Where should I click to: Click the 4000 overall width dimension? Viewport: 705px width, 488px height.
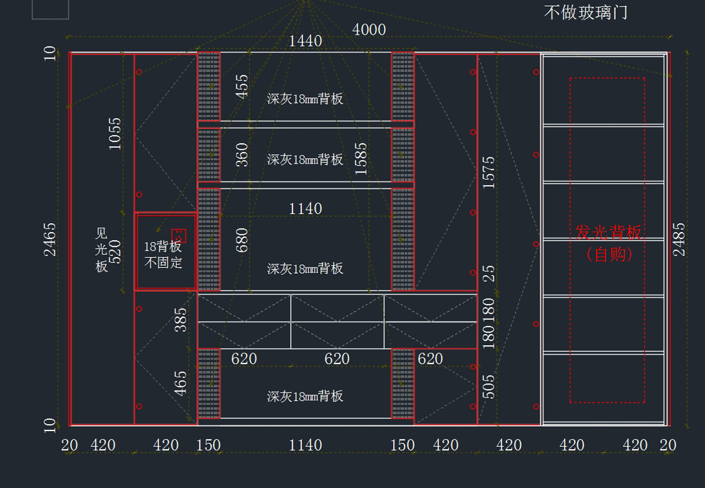369,29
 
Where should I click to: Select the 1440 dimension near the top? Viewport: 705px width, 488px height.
305,41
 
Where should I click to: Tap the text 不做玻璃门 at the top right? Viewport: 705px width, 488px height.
585,12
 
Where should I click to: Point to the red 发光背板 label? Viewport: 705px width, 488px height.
609,233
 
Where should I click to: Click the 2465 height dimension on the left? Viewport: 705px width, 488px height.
51,239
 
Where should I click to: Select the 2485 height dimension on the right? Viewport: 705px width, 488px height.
679,239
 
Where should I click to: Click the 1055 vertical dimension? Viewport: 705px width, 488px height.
115,133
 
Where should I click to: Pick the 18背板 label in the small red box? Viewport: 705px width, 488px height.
163,247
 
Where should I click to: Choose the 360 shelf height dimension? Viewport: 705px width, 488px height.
241,154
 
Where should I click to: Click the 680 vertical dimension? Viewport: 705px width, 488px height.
241,240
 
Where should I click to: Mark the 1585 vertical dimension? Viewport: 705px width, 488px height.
361,159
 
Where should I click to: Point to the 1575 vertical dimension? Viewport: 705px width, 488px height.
489,172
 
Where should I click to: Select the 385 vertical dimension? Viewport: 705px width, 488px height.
181,319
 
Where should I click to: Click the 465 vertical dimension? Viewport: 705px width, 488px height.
181,383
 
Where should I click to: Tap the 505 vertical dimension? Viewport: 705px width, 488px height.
489,386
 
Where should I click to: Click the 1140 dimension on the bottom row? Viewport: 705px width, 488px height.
305,445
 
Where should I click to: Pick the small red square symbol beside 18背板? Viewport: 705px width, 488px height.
179,235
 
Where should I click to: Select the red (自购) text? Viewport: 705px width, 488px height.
609,254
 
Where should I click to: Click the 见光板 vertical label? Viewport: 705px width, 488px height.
102,250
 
